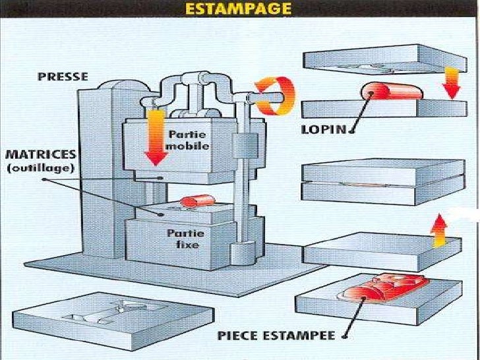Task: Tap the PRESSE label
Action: coord(63,76)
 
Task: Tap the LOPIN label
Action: coord(324,129)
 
